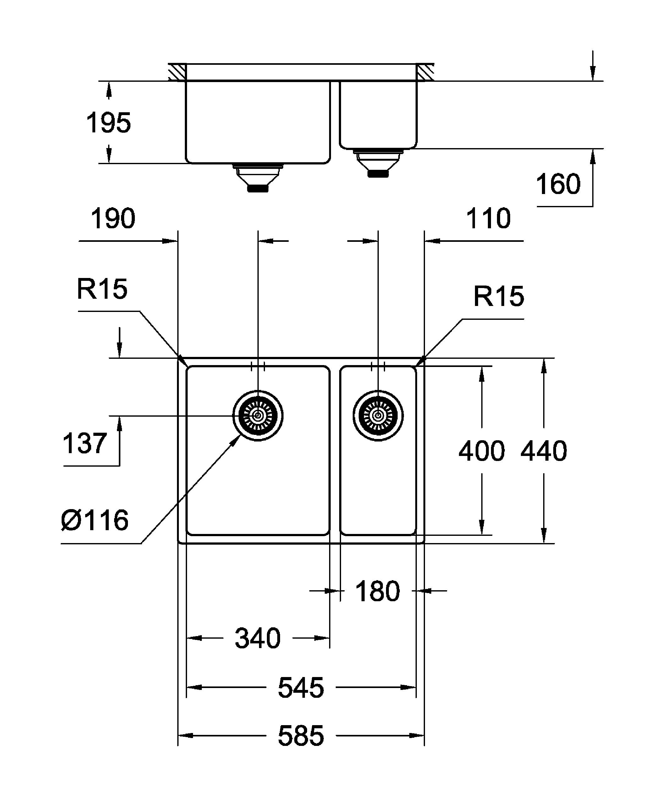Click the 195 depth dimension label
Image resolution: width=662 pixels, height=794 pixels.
[x=108, y=123]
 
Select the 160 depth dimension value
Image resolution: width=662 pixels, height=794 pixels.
[x=558, y=184]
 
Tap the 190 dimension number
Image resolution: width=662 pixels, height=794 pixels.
[x=113, y=219]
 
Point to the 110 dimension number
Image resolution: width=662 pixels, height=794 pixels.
[x=488, y=219]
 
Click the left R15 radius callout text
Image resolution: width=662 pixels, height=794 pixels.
[x=102, y=289]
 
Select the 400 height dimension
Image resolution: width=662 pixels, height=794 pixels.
[x=481, y=451]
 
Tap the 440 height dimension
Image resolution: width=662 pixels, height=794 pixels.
[x=544, y=451]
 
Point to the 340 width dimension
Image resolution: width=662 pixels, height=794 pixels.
[x=258, y=639]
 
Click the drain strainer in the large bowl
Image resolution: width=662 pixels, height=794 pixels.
[x=258, y=415]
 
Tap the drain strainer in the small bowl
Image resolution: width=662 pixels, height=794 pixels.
[x=378, y=415]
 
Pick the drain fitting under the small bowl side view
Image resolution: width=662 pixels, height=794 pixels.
[x=378, y=162]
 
